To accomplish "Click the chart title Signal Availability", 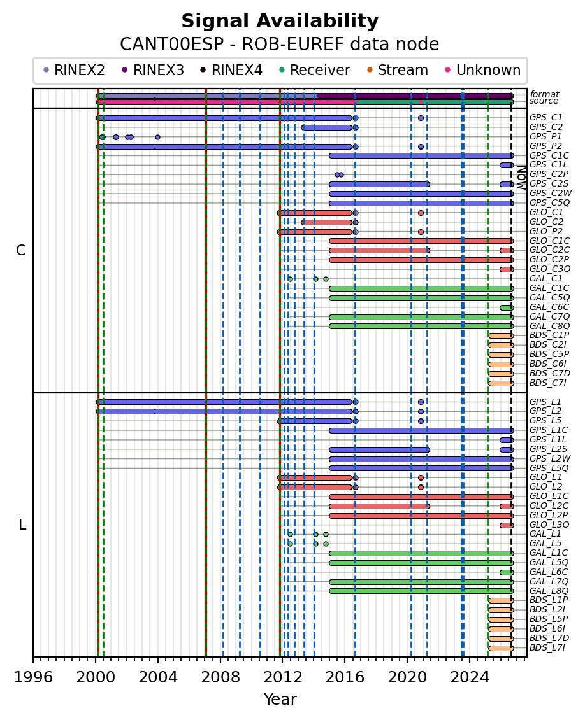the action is coord(280,21).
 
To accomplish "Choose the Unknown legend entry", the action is coord(489,70).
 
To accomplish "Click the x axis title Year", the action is coord(280,700).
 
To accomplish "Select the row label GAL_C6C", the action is coord(549,307).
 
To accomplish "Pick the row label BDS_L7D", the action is coord(549,639).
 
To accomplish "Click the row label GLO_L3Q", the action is coord(549,525).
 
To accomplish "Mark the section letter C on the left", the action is coord(20,251).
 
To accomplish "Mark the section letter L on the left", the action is coord(22,525).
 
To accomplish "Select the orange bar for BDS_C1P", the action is coord(501,335).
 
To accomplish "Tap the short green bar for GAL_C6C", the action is coord(507,307).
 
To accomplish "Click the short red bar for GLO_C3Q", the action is coord(507,269).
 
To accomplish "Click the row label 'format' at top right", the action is coord(544,95).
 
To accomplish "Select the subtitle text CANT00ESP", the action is coord(172,45).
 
